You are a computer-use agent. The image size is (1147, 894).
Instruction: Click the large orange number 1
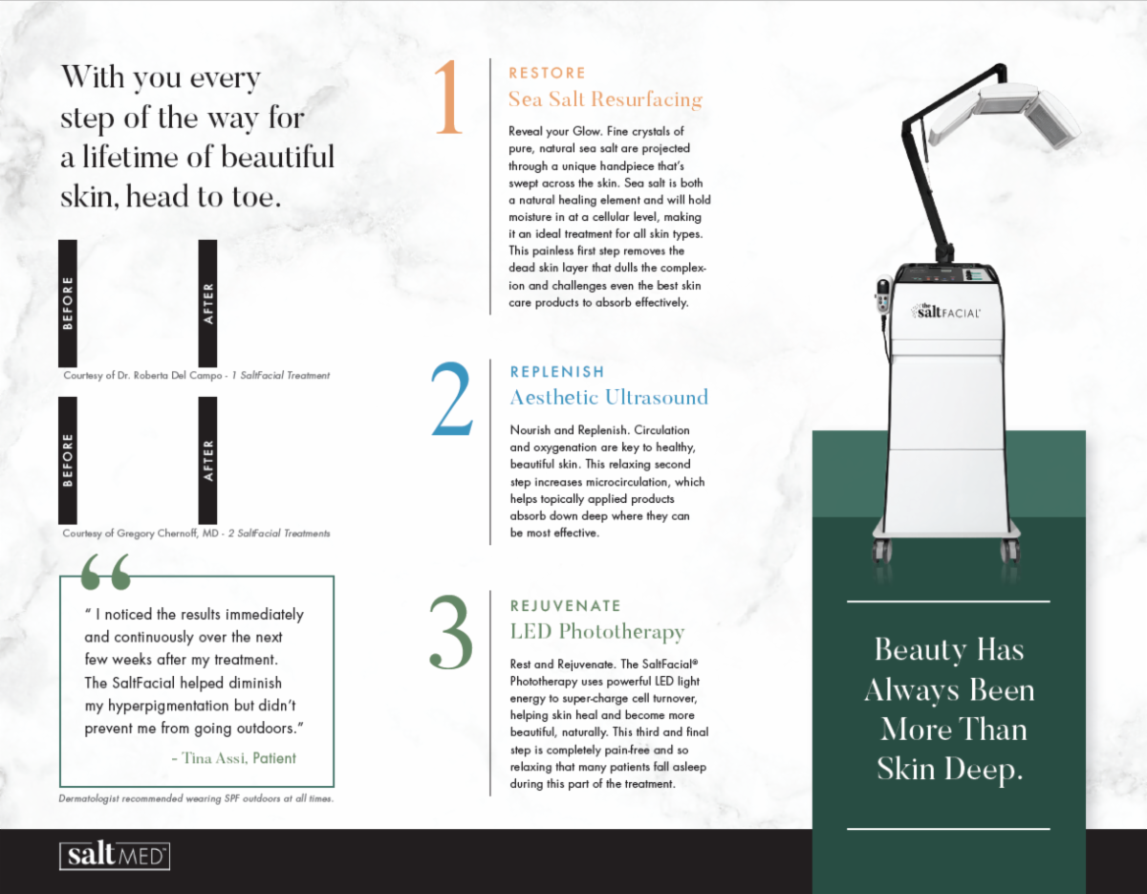(x=449, y=97)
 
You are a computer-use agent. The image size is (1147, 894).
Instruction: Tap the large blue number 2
(x=452, y=400)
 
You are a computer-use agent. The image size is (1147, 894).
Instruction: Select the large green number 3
(x=451, y=632)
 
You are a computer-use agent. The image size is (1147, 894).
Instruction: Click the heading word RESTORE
(x=547, y=73)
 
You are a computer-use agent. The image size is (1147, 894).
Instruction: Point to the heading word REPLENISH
(x=557, y=372)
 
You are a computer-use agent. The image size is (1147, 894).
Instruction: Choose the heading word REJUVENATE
(x=565, y=605)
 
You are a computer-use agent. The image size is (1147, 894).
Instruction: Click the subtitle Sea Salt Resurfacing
(x=605, y=99)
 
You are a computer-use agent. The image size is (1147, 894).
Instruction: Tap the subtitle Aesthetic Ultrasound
(x=609, y=398)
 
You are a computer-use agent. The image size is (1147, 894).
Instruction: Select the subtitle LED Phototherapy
(x=597, y=632)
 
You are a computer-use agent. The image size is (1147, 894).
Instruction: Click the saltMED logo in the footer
(x=115, y=856)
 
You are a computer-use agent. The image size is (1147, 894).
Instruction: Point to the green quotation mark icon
(x=105, y=572)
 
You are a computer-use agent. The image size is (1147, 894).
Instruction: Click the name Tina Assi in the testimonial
(x=213, y=758)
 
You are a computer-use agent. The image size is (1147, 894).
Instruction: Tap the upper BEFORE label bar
(x=68, y=303)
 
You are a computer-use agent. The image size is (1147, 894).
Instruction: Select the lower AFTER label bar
(x=207, y=461)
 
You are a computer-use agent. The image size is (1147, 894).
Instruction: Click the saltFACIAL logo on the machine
(x=946, y=312)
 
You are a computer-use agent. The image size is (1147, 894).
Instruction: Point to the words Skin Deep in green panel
(x=949, y=770)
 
